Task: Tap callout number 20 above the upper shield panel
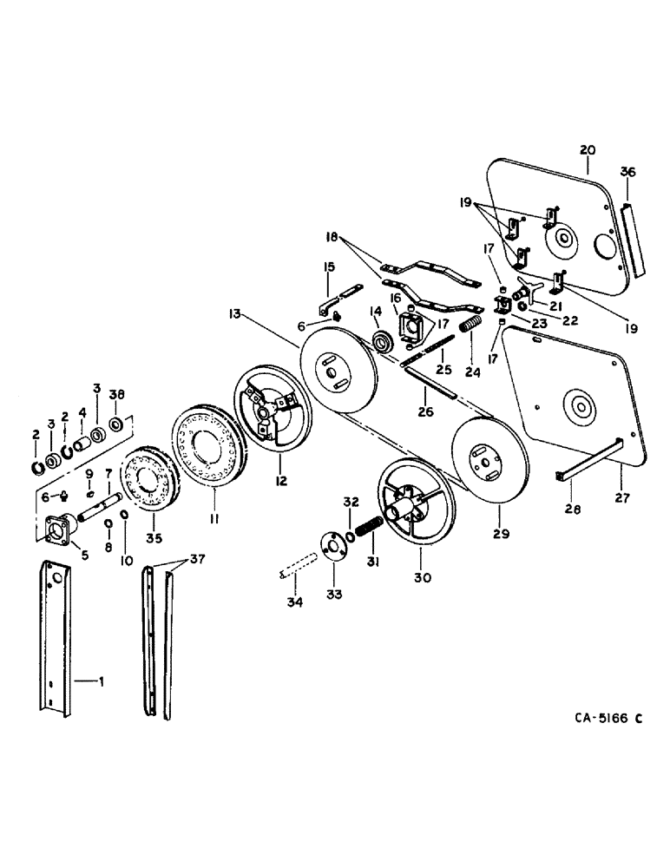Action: [588, 150]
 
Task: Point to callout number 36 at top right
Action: [628, 174]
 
